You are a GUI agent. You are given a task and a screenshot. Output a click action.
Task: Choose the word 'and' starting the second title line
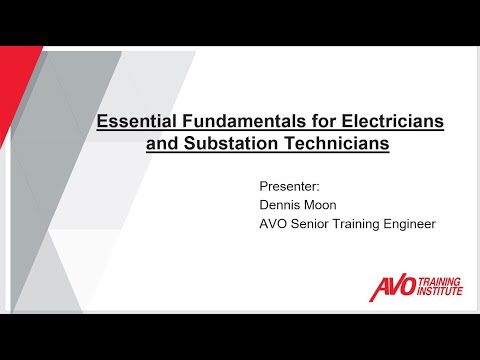(x=161, y=145)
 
